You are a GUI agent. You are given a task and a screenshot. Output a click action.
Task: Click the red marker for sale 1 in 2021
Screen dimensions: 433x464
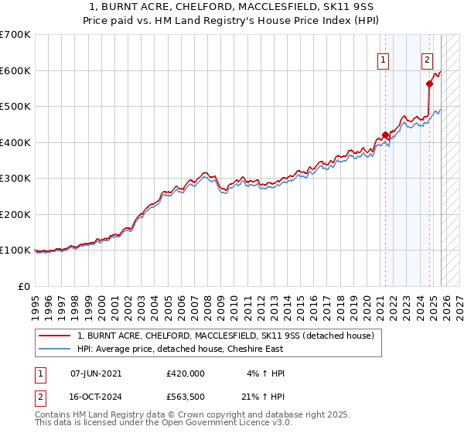pyautogui.click(x=385, y=135)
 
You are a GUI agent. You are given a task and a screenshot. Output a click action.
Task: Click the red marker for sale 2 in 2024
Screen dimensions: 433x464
pyautogui.click(x=429, y=84)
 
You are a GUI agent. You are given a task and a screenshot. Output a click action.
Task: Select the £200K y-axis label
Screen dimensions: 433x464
pyautogui.click(x=15, y=215)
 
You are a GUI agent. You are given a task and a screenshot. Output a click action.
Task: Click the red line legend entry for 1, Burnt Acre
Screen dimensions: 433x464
pyautogui.click(x=225, y=336)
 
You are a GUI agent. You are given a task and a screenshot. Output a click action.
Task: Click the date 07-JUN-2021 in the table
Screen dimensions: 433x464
pyautogui.click(x=96, y=373)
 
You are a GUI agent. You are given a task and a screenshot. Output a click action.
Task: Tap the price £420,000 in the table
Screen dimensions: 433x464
pyautogui.click(x=186, y=373)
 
